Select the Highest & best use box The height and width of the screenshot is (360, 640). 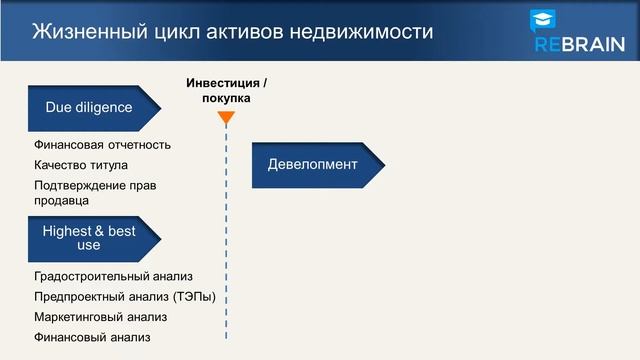90,238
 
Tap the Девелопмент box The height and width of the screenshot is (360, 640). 313,165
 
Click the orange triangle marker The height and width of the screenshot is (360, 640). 226,118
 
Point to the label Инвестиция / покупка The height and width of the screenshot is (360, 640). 226,91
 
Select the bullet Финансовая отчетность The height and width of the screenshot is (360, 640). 102,144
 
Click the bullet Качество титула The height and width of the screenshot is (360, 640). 81,165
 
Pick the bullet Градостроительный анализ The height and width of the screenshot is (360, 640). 113,276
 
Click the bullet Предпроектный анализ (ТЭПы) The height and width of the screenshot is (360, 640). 124,297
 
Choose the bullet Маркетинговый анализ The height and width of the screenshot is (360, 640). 100,317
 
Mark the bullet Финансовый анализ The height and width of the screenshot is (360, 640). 92,338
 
